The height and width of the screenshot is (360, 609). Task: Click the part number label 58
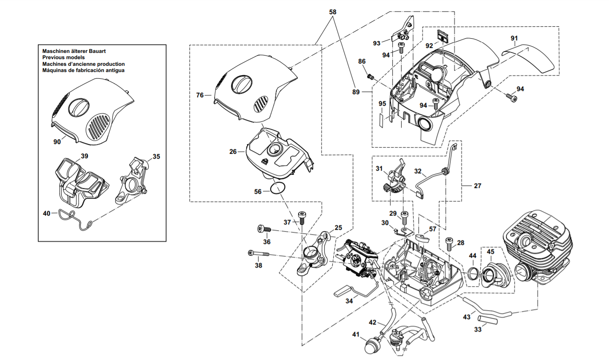tap(333, 12)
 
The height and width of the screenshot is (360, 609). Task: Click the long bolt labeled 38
tap(259, 253)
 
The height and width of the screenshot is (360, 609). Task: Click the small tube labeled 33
tap(488, 320)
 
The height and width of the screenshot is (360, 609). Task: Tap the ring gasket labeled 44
tap(474, 273)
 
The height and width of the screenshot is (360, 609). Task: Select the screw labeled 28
tap(449, 244)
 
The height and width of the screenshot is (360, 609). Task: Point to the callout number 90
tap(57, 142)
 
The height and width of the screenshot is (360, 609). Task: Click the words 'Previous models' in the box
tap(64, 57)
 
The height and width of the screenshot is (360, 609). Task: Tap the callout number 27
tap(478, 186)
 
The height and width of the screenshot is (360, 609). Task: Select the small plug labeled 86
tap(370, 76)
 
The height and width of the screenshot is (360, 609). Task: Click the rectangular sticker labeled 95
tap(382, 120)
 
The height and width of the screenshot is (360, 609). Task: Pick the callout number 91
tap(514, 38)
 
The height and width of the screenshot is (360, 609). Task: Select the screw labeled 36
tap(264, 229)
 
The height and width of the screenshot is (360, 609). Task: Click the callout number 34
tap(349, 301)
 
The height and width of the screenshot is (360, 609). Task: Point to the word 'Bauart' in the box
tap(97, 51)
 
